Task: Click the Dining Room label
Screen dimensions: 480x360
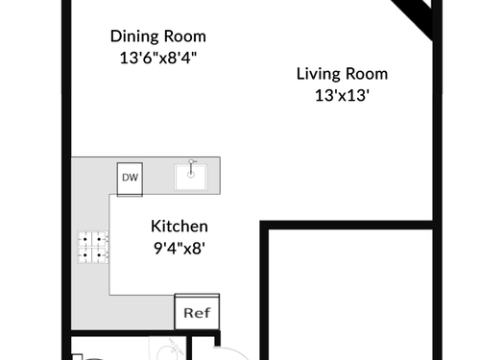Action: coord(158,36)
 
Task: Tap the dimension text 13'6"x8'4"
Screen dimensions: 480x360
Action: coord(158,58)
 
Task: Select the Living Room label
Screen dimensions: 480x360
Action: coord(342,74)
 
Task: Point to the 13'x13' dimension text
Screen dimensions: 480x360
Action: coord(342,95)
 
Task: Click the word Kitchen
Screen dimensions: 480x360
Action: coord(180,227)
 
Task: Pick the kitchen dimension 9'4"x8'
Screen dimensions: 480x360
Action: coord(180,248)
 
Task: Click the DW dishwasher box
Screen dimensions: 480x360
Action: coord(130,180)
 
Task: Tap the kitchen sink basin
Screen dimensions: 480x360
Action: coord(191,178)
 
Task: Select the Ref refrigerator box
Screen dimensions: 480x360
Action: coord(197,312)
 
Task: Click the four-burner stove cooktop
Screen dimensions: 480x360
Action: coord(93,247)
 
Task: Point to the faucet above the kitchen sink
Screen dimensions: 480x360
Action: coord(191,168)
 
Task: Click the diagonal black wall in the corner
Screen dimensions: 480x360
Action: coord(414,17)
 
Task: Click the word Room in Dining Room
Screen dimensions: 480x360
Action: coord(187,36)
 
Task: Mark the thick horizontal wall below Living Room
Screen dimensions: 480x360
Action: coord(347,225)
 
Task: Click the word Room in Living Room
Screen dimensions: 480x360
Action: coord(367,74)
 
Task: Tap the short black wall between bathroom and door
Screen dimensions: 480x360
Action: coord(189,348)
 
